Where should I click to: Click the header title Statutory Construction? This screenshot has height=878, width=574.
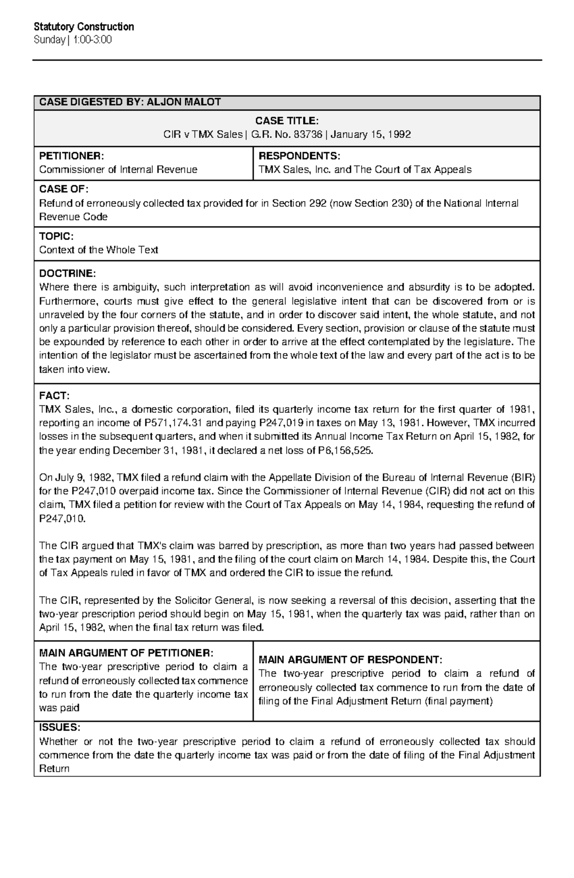tap(84, 27)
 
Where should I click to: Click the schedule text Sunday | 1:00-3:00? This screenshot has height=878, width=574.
tap(73, 40)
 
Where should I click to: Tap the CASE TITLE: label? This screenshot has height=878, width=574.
tap(287, 121)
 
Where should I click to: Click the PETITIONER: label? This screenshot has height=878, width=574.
tap(70, 156)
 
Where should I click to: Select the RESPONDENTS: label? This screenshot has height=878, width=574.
tap(299, 156)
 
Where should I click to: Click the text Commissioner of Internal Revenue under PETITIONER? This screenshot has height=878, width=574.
tap(118, 169)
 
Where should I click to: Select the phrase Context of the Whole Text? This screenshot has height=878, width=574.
tap(98, 250)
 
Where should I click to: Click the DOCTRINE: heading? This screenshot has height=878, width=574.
tap(67, 273)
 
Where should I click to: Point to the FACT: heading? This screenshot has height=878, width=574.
tap(54, 396)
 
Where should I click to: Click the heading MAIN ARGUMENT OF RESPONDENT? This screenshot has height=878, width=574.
tap(350, 660)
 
